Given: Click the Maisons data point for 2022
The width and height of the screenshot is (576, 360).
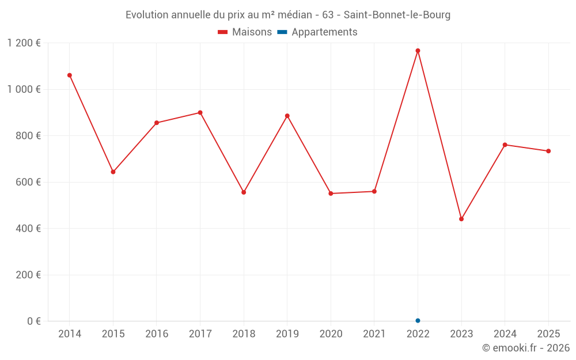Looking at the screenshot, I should [x=418, y=51].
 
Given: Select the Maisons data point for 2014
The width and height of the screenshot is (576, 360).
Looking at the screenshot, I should [x=70, y=75].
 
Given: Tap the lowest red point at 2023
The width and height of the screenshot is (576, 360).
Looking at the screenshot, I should [x=461, y=219].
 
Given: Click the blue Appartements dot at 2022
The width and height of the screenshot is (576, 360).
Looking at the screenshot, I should [x=418, y=320].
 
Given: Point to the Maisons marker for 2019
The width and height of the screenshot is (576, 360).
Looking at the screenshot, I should [x=287, y=116].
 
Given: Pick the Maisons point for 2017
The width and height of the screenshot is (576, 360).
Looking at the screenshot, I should [x=200, y=112].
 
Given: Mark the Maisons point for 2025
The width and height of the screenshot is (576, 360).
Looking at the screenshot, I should [x=548, y=151].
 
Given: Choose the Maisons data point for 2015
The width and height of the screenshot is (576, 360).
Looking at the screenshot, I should [x=113, y=172].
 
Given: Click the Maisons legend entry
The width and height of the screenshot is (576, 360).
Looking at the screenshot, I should [x=245, y=32].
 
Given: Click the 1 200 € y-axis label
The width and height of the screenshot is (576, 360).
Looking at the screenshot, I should [x=24, y=43].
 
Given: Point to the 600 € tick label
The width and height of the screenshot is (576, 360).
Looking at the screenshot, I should [x=28, y=182].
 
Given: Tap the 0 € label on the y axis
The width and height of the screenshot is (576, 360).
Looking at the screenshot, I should [x=34, y=321].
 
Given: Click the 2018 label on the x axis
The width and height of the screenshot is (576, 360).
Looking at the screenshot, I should [x=244, y=334].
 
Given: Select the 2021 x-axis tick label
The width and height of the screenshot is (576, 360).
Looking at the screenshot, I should [x=374, y=334].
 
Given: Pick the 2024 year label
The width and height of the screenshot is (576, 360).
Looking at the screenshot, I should [x=505, y=334].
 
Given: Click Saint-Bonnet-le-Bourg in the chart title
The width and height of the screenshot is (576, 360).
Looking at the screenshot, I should [x=397, y=15].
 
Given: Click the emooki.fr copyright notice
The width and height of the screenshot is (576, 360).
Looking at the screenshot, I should [x=525, y=348].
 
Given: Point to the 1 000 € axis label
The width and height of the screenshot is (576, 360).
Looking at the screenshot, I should [x=24, y=89].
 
